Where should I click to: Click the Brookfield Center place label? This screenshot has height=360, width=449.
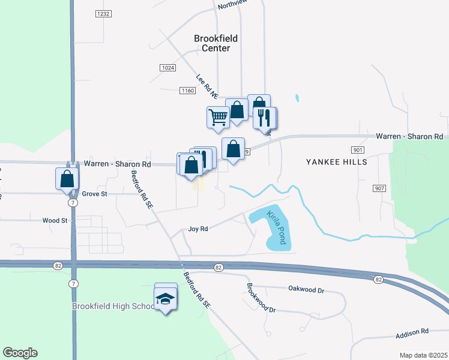click(215, 43)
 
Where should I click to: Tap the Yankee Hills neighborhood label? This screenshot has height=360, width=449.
click(336, 161)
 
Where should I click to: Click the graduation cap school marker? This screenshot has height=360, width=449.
click(166, 298)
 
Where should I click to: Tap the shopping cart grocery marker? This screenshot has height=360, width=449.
click(218, 116)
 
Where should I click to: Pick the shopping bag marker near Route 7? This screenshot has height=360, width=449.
click(67, 178)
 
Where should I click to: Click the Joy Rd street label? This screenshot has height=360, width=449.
click(197, 229)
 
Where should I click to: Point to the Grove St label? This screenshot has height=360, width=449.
click(94, 194)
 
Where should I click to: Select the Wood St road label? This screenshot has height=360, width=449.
click(55, 220)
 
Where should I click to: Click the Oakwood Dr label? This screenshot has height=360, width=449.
click(306, 290)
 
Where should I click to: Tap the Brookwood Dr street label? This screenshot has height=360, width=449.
click(261, 302)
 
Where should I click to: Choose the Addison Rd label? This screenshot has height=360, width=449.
click(412, 331)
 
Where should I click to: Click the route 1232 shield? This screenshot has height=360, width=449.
click(103, 13)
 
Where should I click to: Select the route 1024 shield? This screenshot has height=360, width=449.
click(168, 68)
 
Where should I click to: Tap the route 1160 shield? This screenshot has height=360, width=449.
click(187, 91)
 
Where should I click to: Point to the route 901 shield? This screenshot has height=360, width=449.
click(358, 149)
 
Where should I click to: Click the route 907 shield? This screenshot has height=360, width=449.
click(379, 188)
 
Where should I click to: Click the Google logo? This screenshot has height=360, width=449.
click(20, 353)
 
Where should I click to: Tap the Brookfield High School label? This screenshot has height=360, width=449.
click(113, 306)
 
